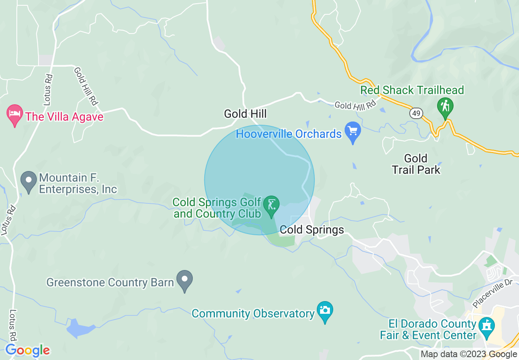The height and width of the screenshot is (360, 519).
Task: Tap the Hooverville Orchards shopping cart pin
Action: [352, 132]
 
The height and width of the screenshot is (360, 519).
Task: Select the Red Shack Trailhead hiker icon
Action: [445, 106]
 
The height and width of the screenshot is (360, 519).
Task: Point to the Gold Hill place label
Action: [246, 113]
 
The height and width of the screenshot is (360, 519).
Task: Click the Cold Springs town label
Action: [312, 230]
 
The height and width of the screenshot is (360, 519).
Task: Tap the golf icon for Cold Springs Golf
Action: [271, 204]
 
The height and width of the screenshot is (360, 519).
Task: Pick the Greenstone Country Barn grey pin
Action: [184, 280]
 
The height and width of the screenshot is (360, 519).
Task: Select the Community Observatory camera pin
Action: [325, 311]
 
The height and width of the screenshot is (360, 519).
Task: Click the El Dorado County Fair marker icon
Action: [487, 327]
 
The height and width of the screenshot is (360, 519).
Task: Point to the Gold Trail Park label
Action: [416, 164]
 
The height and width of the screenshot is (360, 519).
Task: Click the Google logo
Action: [27, 350]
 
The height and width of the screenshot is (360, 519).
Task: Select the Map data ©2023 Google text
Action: [469, 354]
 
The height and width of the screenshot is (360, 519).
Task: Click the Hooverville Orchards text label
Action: [289, 134]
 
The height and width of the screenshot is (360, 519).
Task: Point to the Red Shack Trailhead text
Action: [412, 90]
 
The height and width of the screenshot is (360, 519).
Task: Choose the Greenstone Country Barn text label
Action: [110, 283]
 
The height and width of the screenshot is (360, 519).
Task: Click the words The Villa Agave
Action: [64, 117]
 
